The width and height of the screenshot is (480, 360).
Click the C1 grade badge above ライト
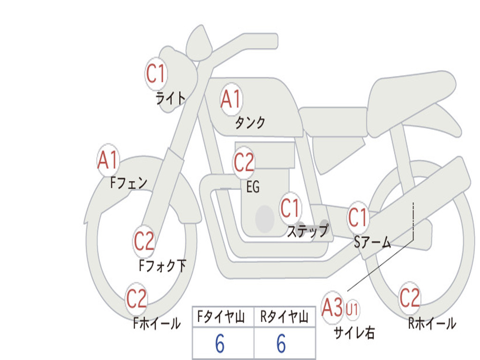156,73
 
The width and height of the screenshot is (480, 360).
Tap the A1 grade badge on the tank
231,99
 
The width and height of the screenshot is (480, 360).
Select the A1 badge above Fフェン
108,160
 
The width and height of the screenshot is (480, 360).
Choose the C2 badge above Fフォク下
144,241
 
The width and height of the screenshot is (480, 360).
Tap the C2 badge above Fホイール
136,299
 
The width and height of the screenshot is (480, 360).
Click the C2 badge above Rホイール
410,297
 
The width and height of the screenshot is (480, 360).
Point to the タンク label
250,123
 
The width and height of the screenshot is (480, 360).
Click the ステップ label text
307,231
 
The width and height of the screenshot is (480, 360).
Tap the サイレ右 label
354,332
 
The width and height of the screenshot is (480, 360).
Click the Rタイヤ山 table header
284,318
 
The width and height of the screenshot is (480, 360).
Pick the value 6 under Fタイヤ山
219,344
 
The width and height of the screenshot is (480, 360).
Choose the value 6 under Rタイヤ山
281,344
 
